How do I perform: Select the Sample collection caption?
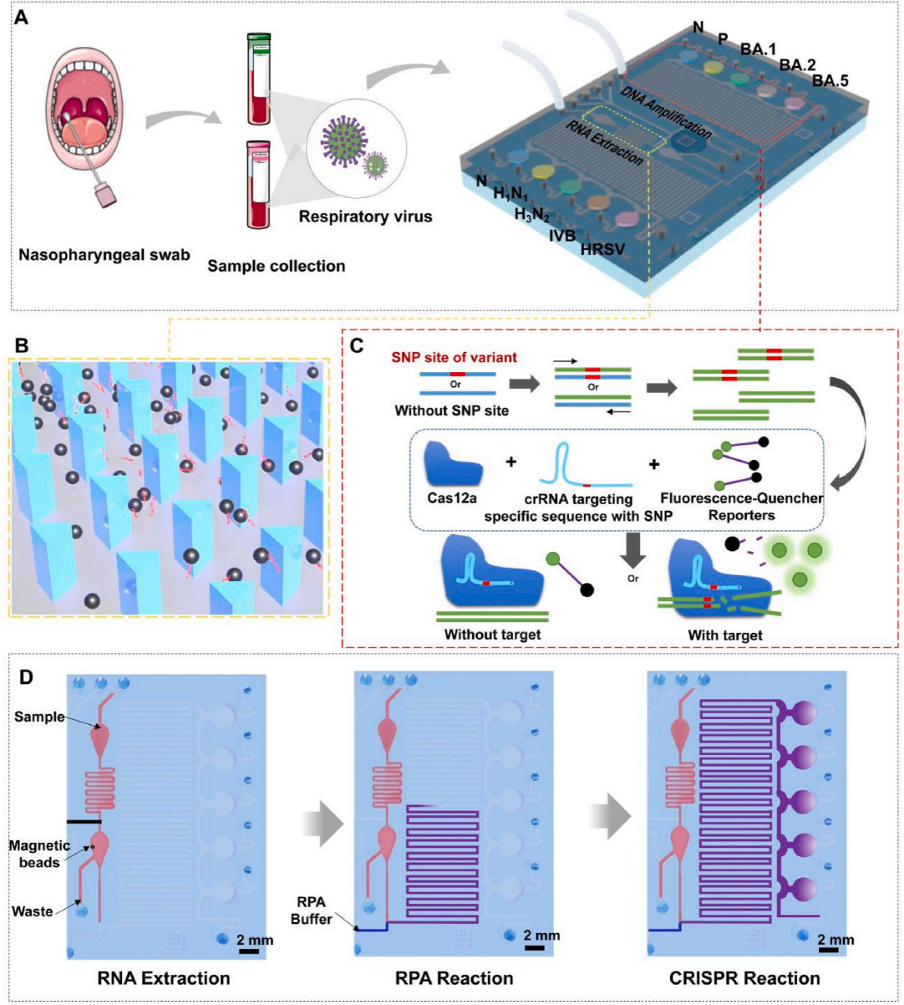276,266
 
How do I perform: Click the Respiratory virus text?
365,217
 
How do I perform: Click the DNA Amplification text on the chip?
666,112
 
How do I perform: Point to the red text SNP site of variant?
466,357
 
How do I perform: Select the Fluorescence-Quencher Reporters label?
741,507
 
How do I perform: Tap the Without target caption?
492,635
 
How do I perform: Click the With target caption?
724,635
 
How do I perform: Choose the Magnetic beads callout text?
40,853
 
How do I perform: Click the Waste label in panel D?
33,911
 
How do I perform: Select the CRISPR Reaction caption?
744,977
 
